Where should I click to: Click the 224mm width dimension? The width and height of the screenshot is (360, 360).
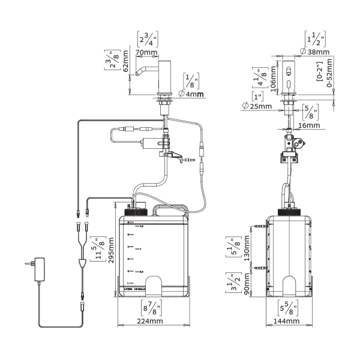pos(149,321)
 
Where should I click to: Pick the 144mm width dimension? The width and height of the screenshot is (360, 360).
pos(286,321)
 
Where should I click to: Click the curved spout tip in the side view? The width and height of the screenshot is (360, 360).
pos(137,74)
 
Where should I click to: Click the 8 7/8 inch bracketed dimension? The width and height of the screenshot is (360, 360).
pos(149,308)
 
